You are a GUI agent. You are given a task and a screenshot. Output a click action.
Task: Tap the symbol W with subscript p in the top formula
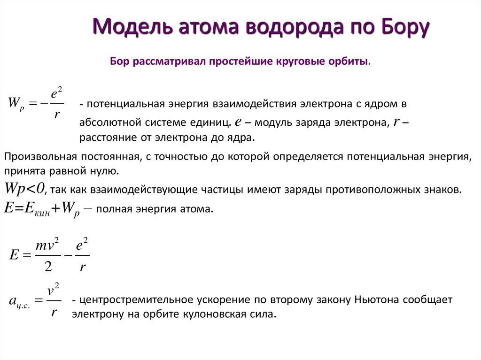(16, 104)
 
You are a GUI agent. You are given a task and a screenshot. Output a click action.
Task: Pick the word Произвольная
(40, 157)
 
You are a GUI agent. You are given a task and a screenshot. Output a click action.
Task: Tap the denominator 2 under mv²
(48, 267)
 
